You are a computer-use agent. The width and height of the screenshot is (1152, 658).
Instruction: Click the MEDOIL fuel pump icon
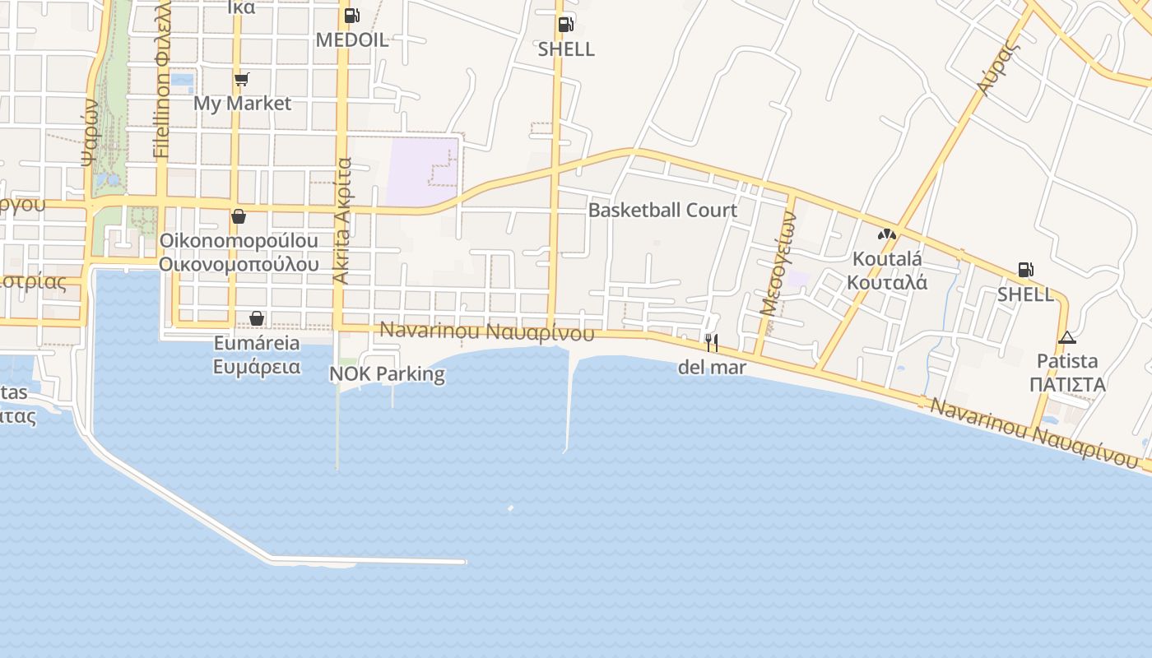[351, 16]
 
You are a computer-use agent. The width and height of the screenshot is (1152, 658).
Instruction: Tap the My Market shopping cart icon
[241, 79]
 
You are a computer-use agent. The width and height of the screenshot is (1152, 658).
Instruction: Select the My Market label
[242, 104]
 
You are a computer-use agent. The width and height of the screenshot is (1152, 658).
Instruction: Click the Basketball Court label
[662, 211]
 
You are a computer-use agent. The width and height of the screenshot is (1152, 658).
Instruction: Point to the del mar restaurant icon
[712, 343]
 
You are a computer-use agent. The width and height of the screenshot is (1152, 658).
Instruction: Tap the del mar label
[712, 368]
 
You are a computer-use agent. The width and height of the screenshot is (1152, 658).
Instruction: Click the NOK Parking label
[387, 374]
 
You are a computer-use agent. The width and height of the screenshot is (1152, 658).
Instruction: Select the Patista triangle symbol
[1066, 337]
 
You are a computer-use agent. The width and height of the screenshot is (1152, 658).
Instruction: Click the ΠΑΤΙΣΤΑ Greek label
[1066, 384]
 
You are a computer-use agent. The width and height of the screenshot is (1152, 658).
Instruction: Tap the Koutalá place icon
[886, 234]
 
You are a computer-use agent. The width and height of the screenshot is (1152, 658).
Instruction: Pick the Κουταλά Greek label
[887, 282]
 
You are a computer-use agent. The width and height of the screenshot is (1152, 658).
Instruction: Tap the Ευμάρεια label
[257, 367]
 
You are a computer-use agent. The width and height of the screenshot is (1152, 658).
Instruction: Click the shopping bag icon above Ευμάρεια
[257, 318]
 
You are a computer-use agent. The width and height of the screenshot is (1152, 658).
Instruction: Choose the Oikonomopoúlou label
[239, 241]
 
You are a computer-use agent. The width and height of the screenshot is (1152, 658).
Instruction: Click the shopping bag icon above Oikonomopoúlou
[239, 217]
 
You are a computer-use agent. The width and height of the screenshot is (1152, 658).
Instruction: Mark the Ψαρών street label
[91, 132]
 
